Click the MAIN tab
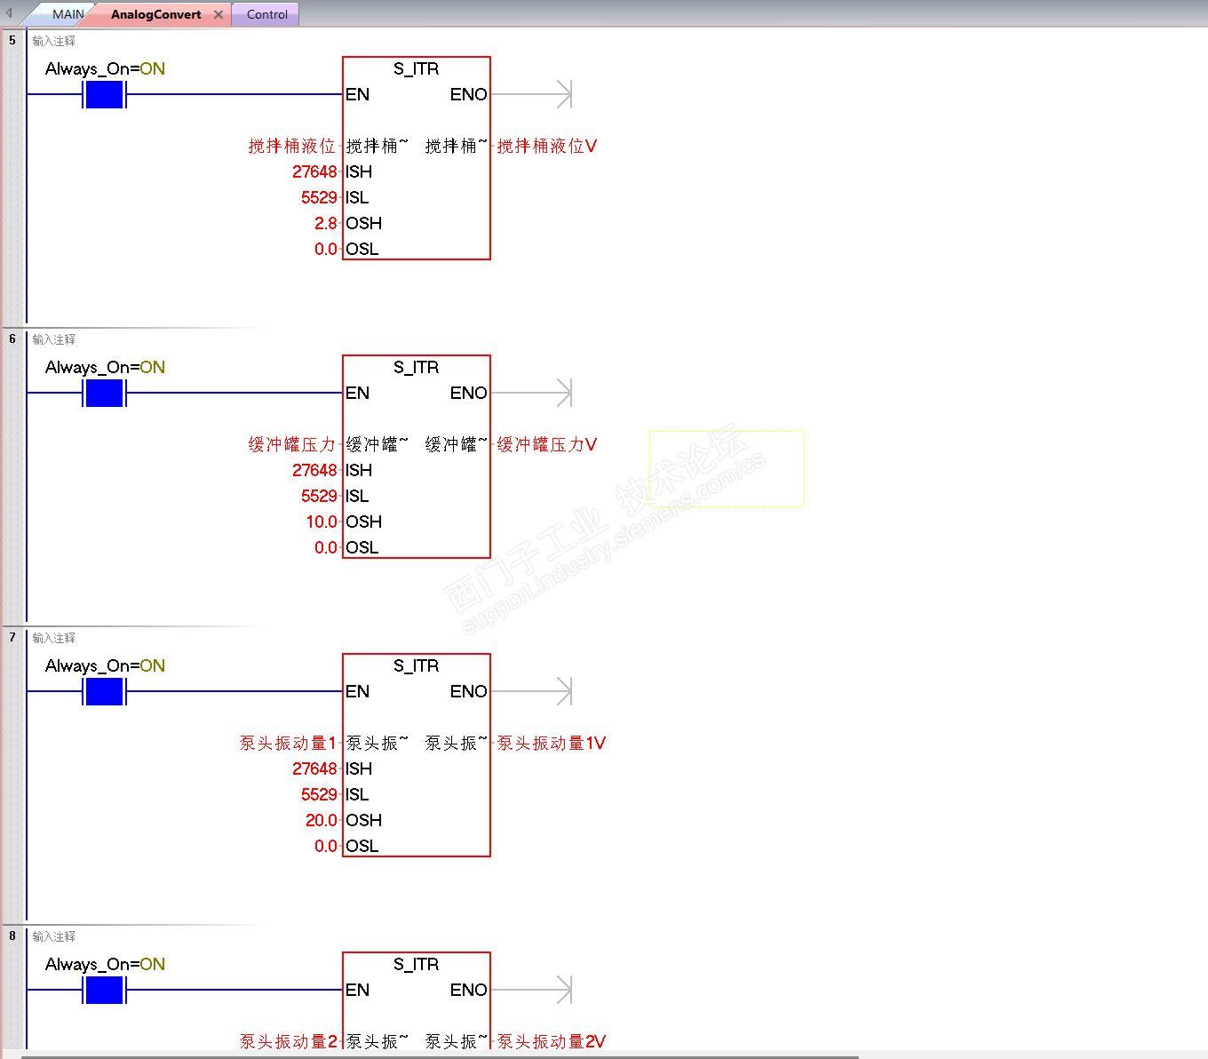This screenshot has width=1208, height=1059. point(67,14)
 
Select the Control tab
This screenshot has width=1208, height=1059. point(266,14)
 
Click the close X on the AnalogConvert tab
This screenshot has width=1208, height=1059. point(219,14)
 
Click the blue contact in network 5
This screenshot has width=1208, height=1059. point(104,94)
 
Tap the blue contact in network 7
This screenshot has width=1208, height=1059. point(104,691)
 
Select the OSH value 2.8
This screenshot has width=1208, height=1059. point(325,223)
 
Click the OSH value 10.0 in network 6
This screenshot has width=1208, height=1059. point(322,522)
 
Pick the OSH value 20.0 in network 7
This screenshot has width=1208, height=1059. point(322,820)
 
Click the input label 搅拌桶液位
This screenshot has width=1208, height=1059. point(291,146)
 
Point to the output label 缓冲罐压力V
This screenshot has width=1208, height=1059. point(546,444)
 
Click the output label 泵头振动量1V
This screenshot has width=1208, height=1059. point(551,743)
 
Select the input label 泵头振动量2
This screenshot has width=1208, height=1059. point(288,1041)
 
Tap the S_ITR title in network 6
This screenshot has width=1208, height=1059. point(416,367)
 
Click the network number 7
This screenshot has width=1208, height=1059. point(12,637)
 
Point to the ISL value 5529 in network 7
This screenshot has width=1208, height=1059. point(319,794)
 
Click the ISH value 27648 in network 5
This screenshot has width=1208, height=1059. point(314,171)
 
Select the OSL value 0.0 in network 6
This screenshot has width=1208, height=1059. point(325,547)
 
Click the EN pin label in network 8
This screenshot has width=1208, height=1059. point(357,990)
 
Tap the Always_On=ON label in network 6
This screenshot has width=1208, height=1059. point(105,367)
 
